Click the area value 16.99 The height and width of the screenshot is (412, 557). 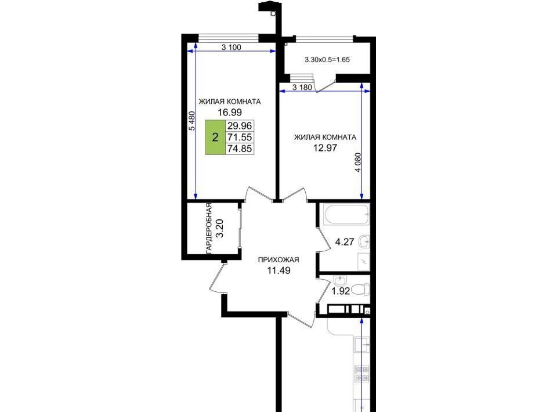(x=230, y=112)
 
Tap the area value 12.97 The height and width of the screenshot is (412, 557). (x=325, y=148)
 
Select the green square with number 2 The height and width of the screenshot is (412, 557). (x=215, y=137)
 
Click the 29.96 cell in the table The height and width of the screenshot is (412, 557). (x=240, y=126)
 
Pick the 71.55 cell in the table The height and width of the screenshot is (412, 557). (x=240, y=137)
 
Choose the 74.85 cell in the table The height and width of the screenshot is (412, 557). (x=240, y=149)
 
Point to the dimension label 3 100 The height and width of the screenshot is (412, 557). (x=232, y=47)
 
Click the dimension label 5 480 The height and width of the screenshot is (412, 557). (x=192, y=121)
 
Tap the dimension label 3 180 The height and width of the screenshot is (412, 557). (x=302, y=87)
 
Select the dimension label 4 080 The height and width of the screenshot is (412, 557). (x=358, y=162)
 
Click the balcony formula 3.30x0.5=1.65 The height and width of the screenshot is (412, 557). (x=327, y=60)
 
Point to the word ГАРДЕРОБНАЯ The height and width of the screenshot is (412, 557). (x=209, y=228)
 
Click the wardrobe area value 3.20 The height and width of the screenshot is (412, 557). (x=220, y=228)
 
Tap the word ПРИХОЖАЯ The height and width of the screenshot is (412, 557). (x=278, y=259)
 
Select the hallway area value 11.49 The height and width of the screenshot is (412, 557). (x=278, y=270)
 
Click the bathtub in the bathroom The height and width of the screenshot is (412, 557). (x=346, y=214)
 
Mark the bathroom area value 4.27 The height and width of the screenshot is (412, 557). (x=345, y=242)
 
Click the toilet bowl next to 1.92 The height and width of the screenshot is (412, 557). (x=361, y=289)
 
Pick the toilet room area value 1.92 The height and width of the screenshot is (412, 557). (x=341, y=291)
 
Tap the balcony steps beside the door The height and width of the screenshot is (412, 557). (x=302, y=78)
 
